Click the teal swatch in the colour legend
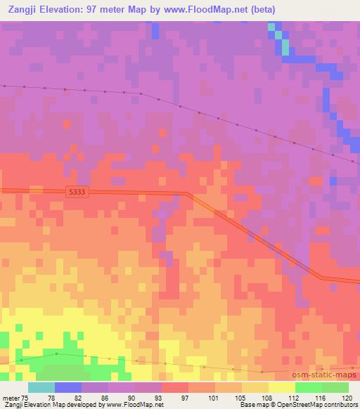pos(41,388)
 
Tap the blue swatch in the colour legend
pos(68,388)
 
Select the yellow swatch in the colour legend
pos(282,388)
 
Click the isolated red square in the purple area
pos(66,124)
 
